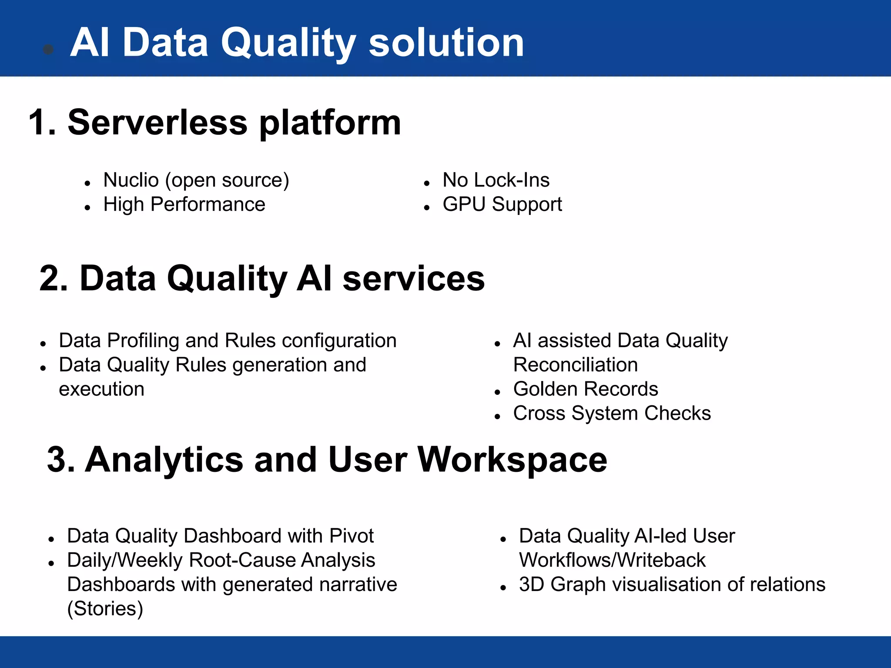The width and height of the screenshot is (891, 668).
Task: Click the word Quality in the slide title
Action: click(x=288, y=43)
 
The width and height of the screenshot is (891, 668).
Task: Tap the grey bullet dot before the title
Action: click(x=48, y=50)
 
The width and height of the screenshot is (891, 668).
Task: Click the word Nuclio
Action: click(x=131, y=180)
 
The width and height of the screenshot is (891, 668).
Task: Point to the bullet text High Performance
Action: click(x=184, y=204)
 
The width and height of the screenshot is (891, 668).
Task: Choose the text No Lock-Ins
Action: click(x=496, y=180)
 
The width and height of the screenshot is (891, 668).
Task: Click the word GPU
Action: click(x=464, y=204)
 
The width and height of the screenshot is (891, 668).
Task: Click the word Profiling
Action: click(x=143, y=341)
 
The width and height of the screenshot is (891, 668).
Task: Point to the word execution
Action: click(x=101, y=389)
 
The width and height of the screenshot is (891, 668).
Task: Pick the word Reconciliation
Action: click(x=575, y=365)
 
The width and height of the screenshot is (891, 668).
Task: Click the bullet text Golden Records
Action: click(x=586, y=389)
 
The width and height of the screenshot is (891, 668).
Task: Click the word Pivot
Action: click(x=352, y=536)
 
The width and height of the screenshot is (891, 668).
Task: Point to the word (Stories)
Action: click(x=105, y=609)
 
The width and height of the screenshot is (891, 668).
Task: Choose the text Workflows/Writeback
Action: click(x=612, y=560)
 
